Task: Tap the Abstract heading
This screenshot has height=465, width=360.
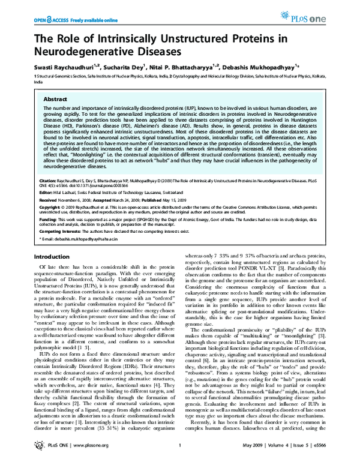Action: pos(56,98)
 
